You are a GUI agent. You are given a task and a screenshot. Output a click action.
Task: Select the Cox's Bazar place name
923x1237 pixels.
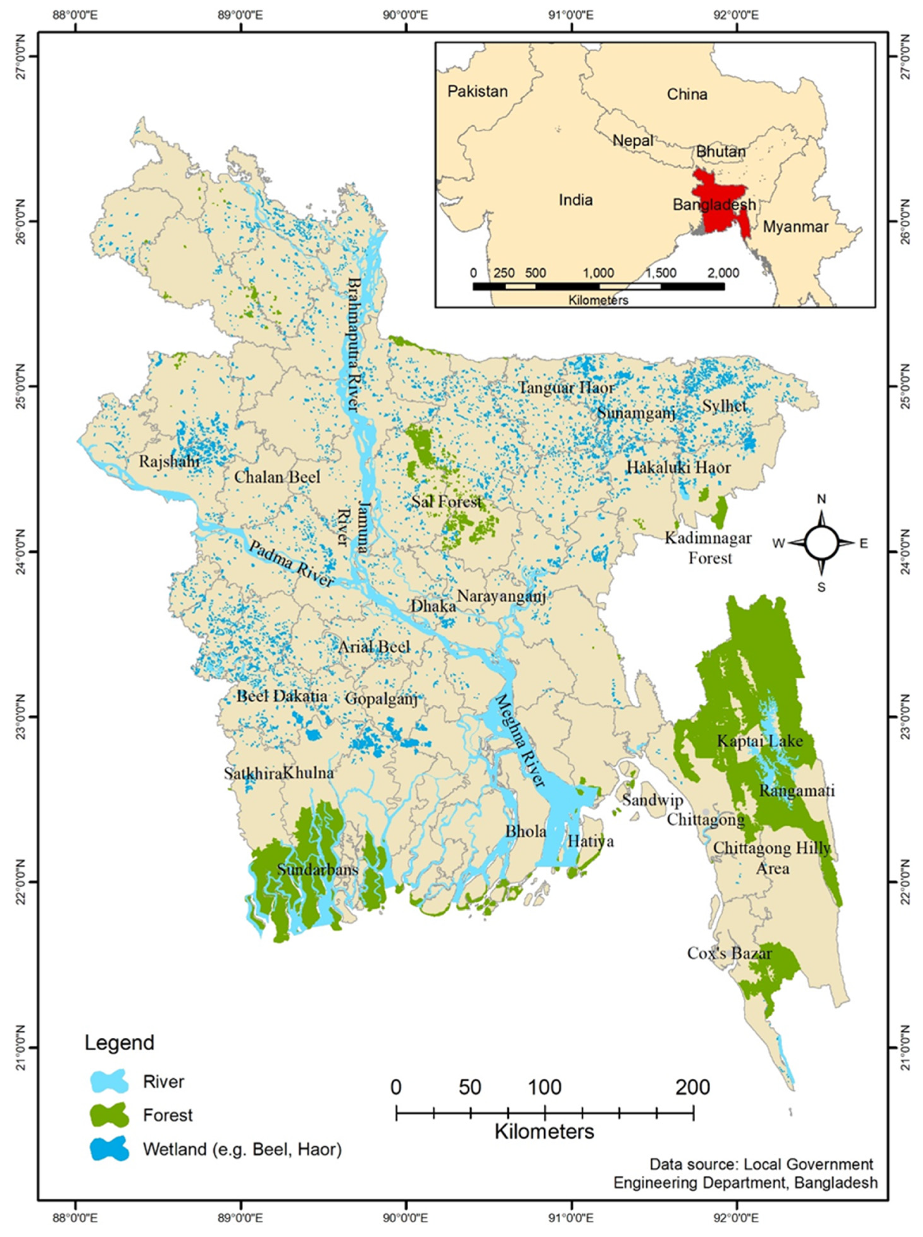pos(729,953)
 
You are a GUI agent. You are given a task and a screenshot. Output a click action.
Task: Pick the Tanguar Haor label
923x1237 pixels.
pos(566,388)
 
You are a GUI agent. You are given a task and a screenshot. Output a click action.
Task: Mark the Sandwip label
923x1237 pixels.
pos(653,800)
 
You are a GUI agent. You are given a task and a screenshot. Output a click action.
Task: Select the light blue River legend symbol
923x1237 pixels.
pos(109,1082)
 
